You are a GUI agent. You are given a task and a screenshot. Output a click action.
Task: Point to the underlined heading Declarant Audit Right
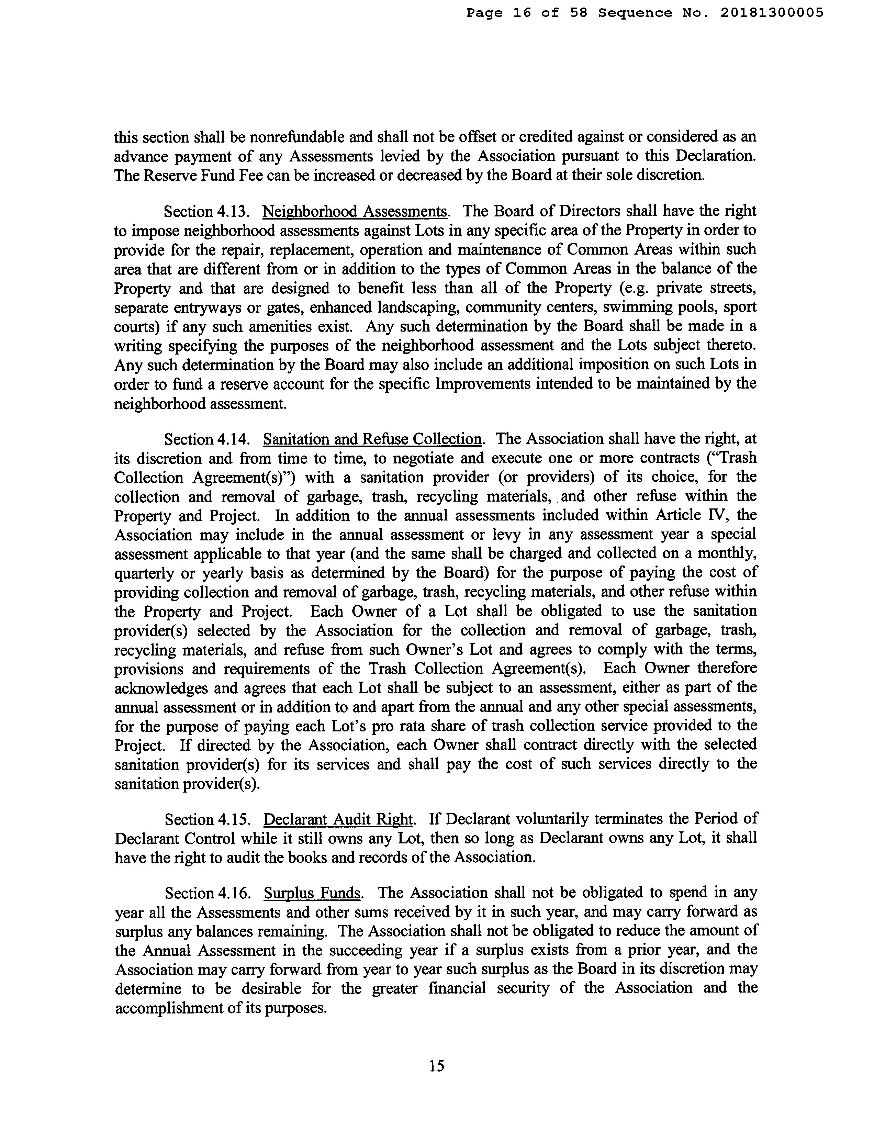pyautogui.click(x=339, y=819)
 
